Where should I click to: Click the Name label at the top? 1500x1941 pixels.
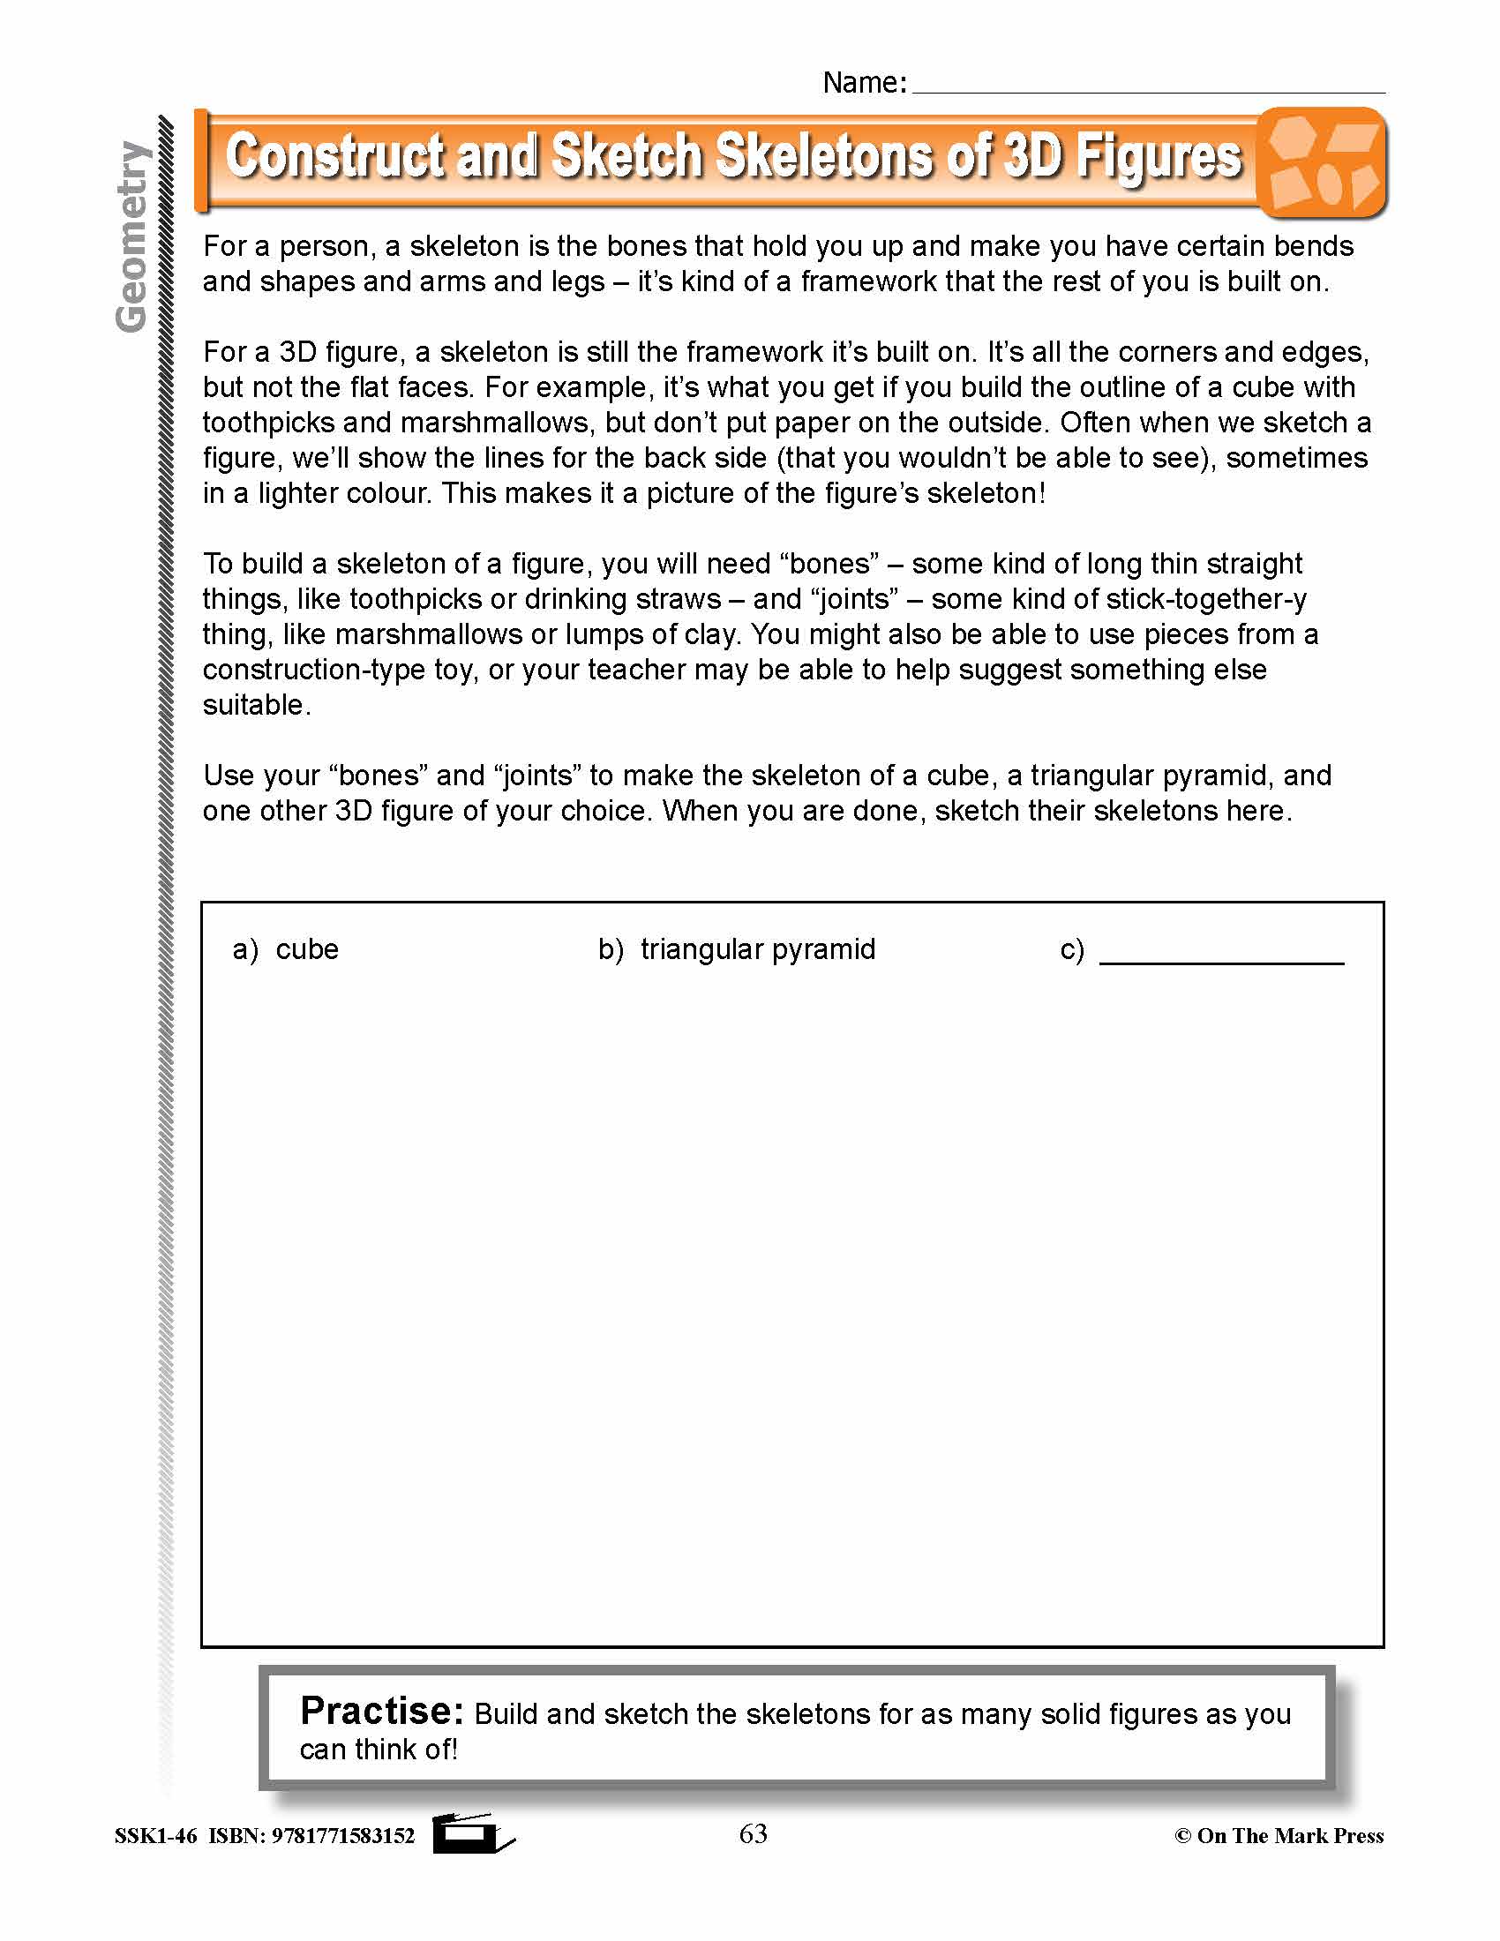863,83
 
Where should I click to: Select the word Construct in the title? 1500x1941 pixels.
334,156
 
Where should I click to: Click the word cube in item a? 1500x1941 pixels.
306,949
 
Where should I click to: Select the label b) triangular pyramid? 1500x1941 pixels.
737,949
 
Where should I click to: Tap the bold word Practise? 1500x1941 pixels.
381,1711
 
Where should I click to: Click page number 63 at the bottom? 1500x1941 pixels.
753,1834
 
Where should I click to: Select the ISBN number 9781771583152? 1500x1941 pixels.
342,1836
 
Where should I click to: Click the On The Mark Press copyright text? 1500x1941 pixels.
1279,1836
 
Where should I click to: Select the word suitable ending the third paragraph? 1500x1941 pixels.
254,705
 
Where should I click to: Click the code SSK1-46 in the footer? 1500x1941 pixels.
155,1836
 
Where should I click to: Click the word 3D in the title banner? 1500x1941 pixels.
1033,156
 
